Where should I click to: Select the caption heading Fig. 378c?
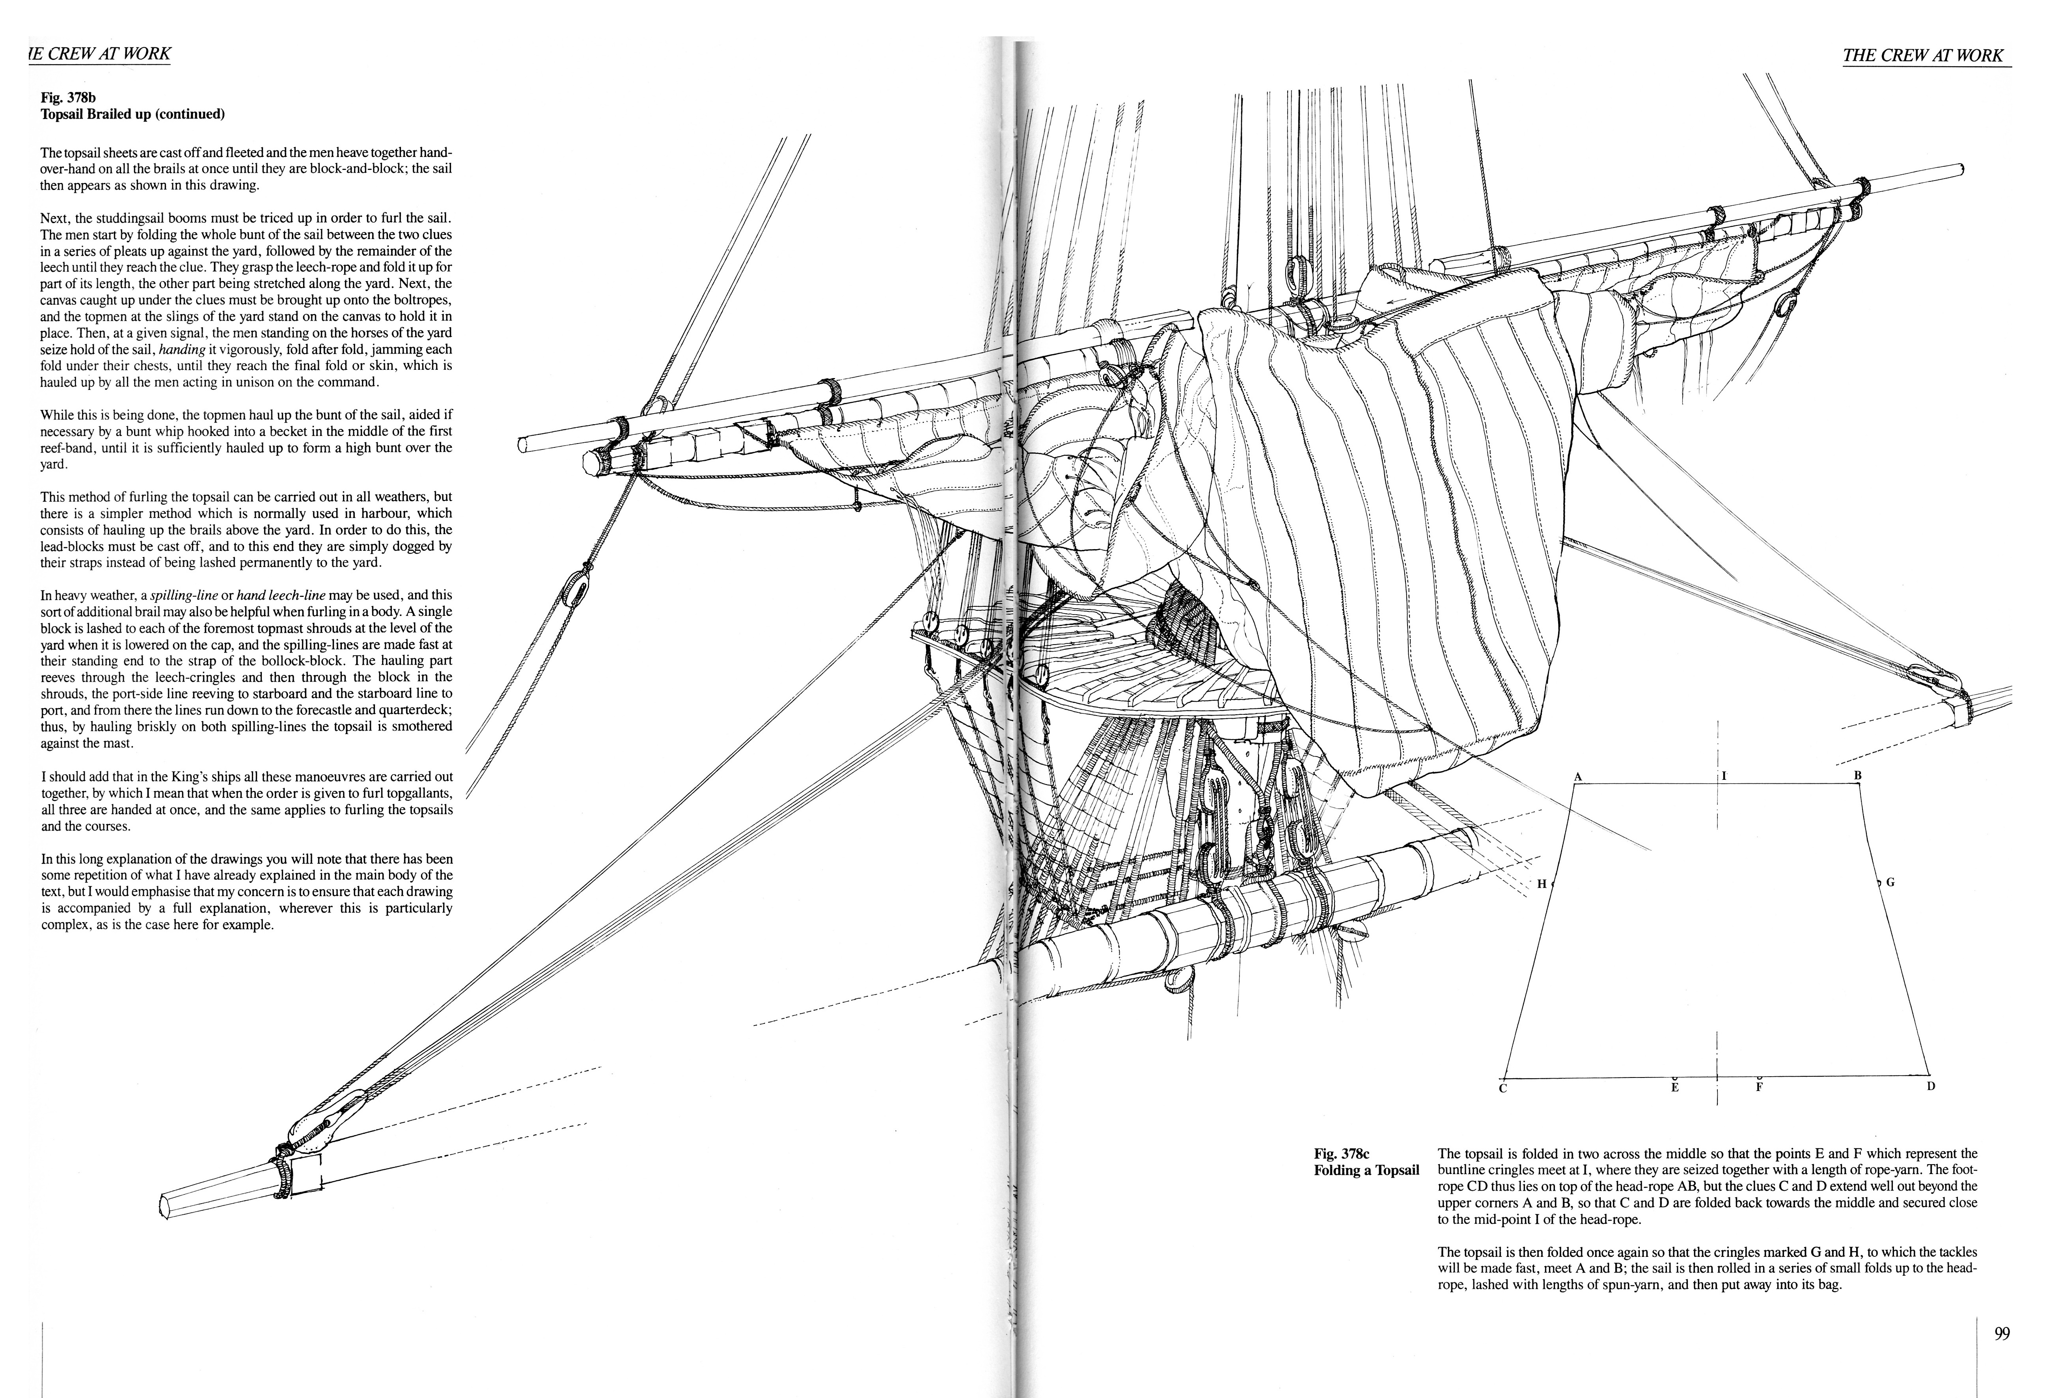(x=1342, y=1154)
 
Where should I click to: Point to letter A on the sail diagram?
(x=1578, y=777)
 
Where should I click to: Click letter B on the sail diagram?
(x=1858, y=775)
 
